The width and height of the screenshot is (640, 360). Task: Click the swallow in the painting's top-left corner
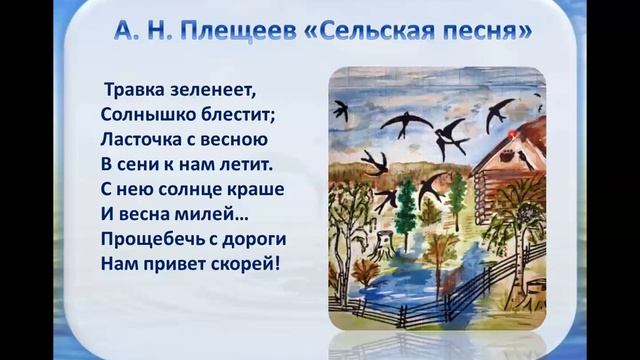(x=342, y=110)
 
